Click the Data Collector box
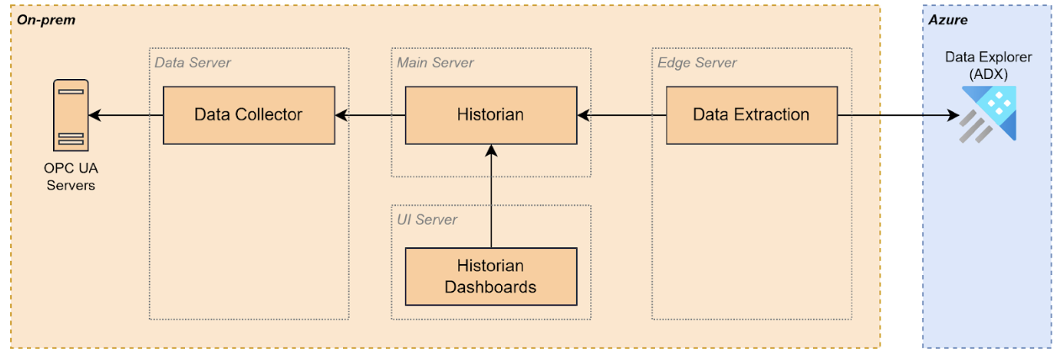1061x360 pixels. [248, 114]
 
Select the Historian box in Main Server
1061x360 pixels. [490, 114]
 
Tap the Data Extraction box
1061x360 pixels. [751, 114]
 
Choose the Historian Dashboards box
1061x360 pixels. [490, 276]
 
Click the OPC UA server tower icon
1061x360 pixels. [71, 114]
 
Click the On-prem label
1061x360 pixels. [46, 19]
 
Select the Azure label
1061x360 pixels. [948, 19]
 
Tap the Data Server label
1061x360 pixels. [193, 62]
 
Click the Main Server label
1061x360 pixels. [435, 62]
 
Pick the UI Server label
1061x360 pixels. [427, 220]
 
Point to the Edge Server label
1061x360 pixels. [697, 62]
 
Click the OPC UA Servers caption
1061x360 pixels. [70, 177]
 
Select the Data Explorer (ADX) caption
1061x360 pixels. [988, 65]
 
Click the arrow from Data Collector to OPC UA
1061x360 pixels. [125, 114]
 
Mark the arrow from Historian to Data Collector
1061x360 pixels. [370, 114]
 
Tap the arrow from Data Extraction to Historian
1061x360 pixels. [622, 114]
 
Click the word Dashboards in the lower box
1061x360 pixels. [490, 286]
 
